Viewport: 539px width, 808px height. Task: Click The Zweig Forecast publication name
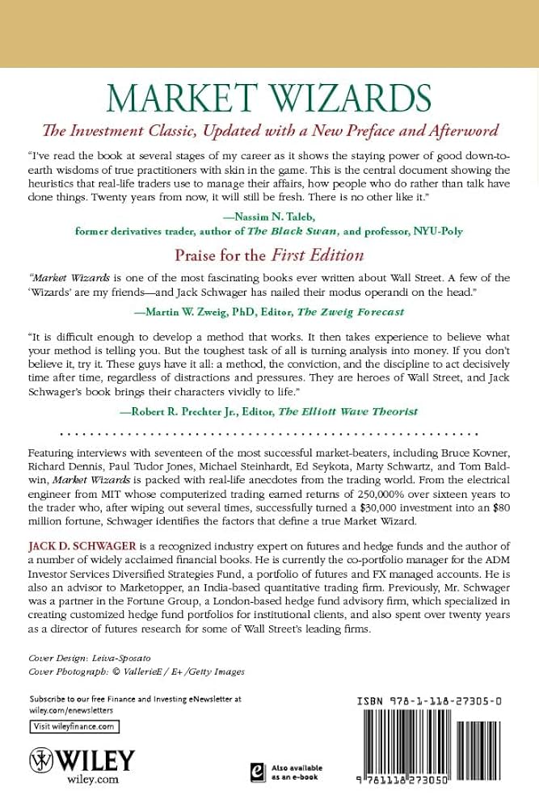[x=354, y=312]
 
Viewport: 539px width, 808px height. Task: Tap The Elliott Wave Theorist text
[x=347, y=411]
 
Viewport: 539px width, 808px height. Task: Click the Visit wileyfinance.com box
[x=74, y=727]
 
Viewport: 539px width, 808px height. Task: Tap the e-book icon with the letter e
[x=259, y=772]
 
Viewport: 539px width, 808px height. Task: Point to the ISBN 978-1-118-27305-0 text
[x=429, y=703]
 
